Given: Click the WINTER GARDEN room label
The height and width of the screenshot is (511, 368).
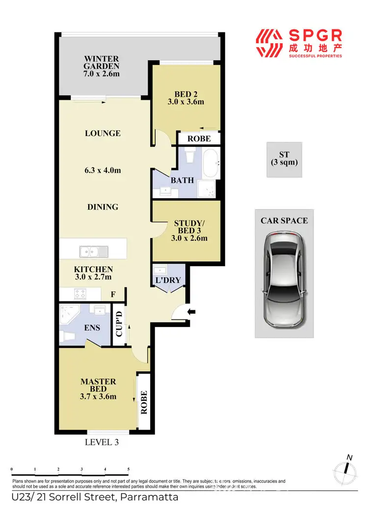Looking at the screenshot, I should (101, 63).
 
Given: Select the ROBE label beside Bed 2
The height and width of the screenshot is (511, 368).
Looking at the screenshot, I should (199, 139).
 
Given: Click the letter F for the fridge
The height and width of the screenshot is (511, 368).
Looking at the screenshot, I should (113, 295).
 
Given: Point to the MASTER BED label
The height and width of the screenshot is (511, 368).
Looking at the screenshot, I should (98, 385).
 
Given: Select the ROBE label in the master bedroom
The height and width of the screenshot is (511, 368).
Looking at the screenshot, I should (144, 403).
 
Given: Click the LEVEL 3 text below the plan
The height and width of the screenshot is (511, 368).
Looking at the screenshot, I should (102, 442).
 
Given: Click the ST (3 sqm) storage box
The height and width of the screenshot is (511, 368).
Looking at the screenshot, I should (284, 159).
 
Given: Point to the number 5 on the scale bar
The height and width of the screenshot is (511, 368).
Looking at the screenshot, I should (128, 470).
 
